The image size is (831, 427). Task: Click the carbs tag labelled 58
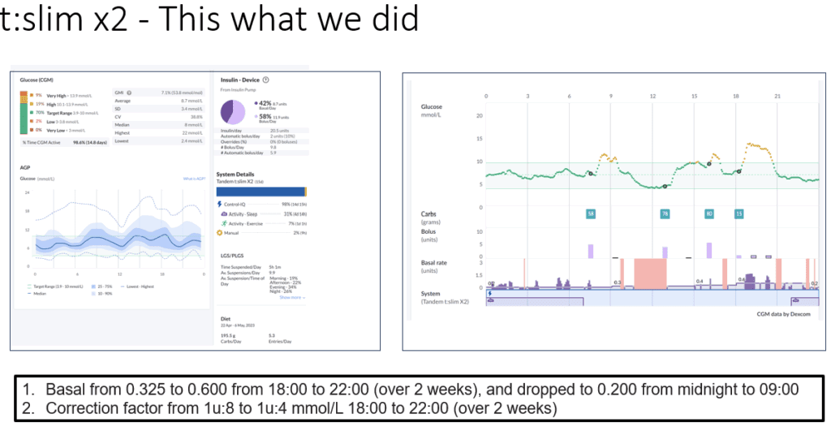click(591, 214)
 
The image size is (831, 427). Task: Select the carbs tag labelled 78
click(665, 214)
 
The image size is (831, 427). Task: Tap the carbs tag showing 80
click(709, 214)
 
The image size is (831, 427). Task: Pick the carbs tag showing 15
click(738, 214)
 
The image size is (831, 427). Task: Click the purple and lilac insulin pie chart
click(235, 111)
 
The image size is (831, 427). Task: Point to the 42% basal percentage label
click(264, 103)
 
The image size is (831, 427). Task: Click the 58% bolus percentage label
click(264, 117)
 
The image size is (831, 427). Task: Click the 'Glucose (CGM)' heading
click(36, 80)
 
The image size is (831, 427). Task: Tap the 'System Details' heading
click(236, 174)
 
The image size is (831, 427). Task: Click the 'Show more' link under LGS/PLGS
click(291, 297)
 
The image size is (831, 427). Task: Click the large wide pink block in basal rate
click(649, 274)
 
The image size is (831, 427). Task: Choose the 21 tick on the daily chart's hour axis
click(777, 96)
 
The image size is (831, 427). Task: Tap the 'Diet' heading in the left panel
click(226, 319)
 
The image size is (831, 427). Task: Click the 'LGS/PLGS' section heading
click(231, 254)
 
